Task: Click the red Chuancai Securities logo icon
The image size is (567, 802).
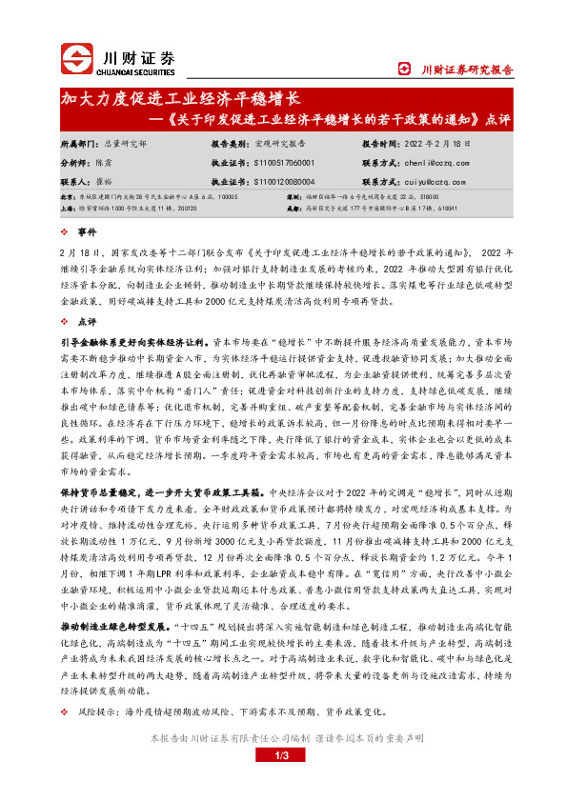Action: [x=76, y=58]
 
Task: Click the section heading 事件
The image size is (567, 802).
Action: [x=88, y=232]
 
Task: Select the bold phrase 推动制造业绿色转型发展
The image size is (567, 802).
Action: [x=110, y=601]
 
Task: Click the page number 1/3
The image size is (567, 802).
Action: [x=282, y=755]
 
